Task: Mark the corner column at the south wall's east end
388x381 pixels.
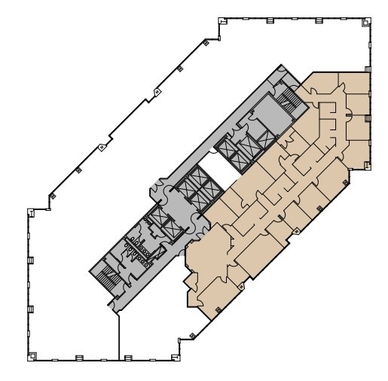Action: point(178,352)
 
